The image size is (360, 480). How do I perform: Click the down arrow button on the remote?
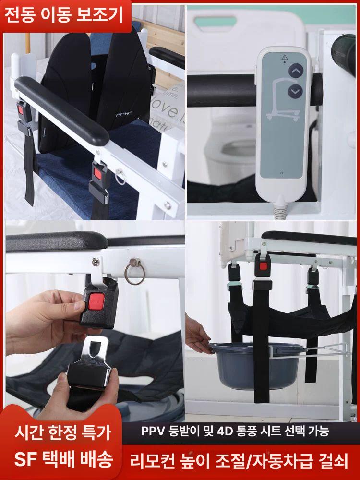295,92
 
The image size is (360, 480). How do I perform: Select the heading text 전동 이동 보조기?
64,15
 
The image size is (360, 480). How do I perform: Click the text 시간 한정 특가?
63,433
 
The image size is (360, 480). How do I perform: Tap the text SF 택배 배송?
63,459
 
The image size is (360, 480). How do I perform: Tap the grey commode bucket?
258,365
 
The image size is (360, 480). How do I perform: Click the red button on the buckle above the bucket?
263,266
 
